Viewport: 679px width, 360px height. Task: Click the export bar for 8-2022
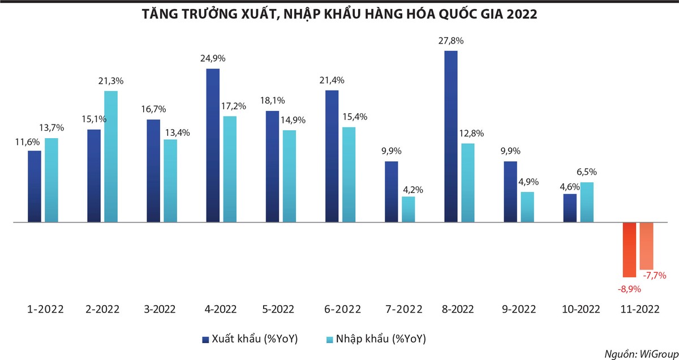click(451, 136)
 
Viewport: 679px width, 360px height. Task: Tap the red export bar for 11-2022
click(630, 250)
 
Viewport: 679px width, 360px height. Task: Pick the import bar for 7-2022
click(409, 209)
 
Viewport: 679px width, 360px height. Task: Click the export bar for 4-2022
click(213, 145)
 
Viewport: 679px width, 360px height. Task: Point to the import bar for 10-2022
click(587, 202)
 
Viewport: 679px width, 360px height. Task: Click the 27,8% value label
click(451, 41)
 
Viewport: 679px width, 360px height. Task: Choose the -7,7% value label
click(655, 276)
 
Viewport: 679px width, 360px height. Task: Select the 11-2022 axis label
click(639, 310)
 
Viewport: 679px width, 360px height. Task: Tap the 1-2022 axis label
click(45, 310)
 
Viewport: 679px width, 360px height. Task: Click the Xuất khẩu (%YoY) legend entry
click(250, 339)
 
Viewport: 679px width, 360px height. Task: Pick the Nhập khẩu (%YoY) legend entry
click(377, 339)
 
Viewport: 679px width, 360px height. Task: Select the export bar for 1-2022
click(35, 186)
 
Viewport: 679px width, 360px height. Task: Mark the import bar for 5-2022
click(290, 176)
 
